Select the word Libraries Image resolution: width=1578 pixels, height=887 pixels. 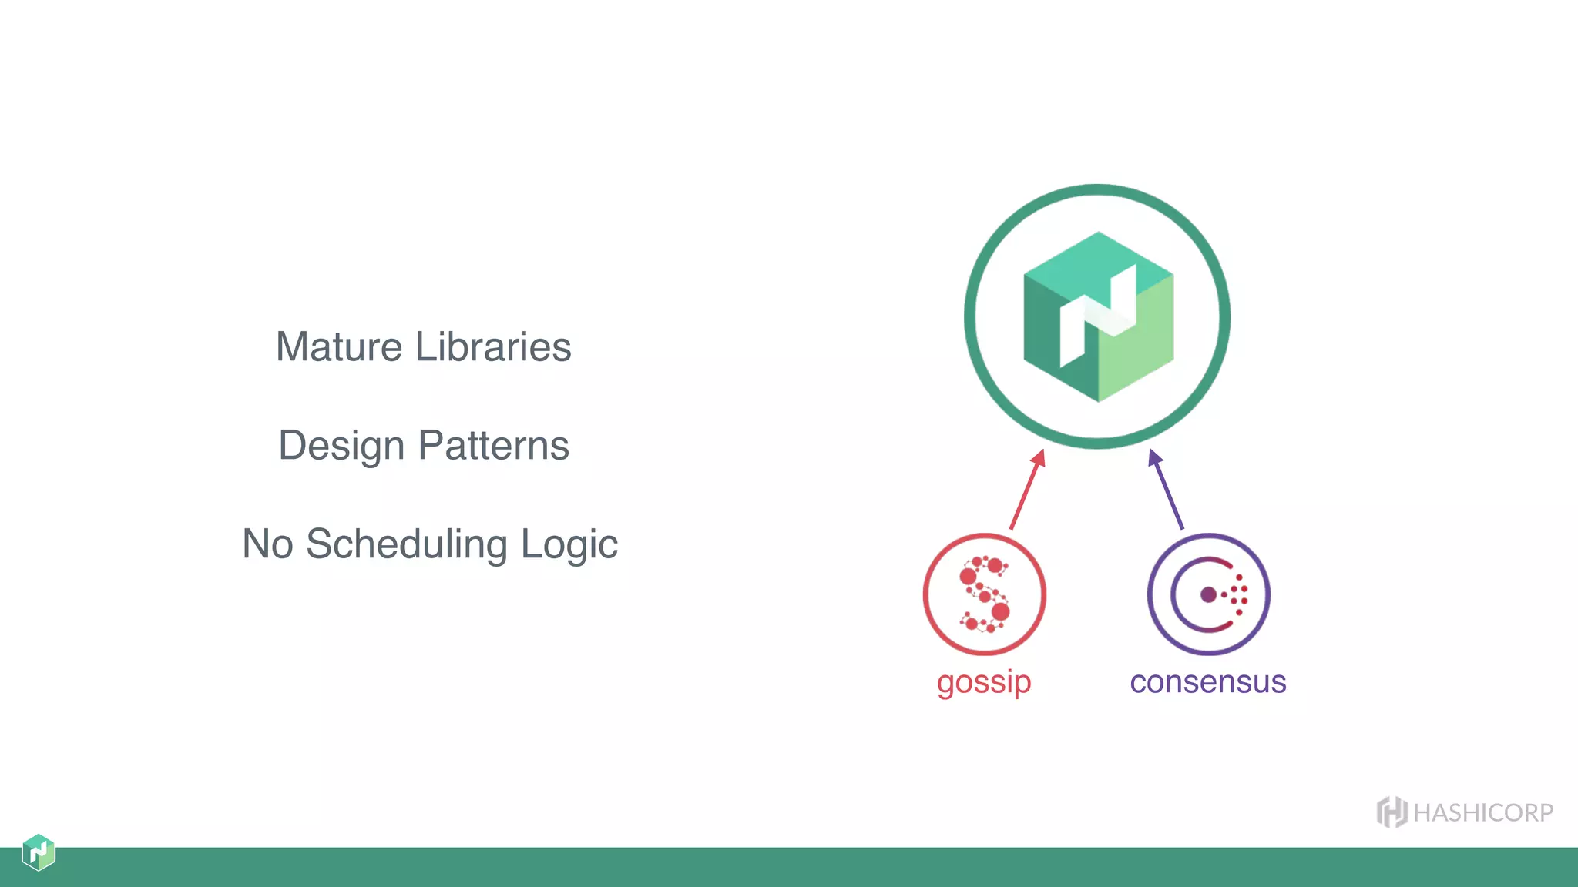[x=493, y=347]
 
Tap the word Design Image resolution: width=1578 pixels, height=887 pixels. [x=341, y=447]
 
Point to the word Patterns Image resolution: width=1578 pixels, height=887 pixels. [x=493, y=446]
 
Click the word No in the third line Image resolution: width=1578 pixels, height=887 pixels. [x=267, y=544]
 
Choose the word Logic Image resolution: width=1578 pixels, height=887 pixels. [x=569, y=545]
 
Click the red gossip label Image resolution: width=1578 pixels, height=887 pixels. [x=984, y=682]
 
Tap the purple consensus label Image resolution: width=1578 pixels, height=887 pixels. [x=1207, y=682]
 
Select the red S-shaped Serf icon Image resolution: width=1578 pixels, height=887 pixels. [x=985, y=594]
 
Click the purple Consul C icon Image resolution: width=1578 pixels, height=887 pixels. [x=1207, y=594]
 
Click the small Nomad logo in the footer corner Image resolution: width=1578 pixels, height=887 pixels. [x=39, y=852]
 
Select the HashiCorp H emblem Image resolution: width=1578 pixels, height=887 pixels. [x=1392, y=812]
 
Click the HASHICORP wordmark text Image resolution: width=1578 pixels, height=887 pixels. [x=1483, y=813]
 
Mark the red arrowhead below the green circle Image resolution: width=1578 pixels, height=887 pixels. [x=1039, y=459]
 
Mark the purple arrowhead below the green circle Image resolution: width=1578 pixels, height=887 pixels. [x=1153, y=459]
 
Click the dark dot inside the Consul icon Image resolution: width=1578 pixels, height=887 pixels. [x=1208, y=594]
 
